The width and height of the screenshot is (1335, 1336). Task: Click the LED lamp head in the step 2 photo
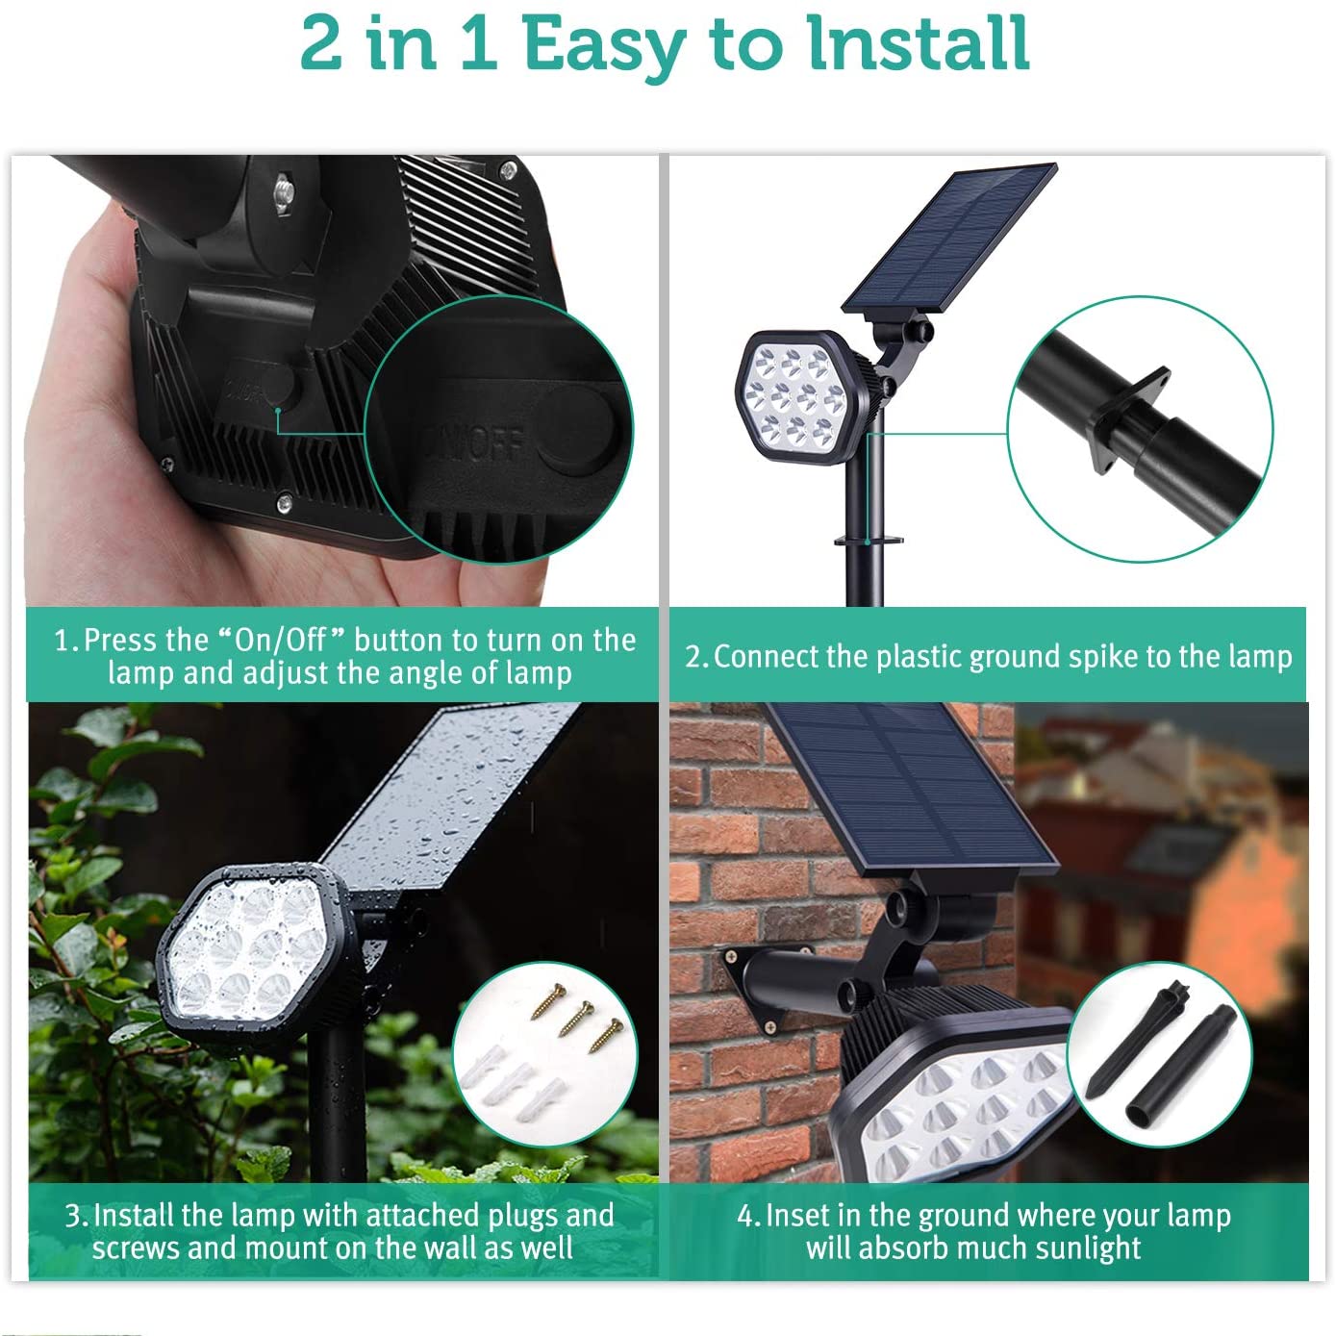click(795, 396)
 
